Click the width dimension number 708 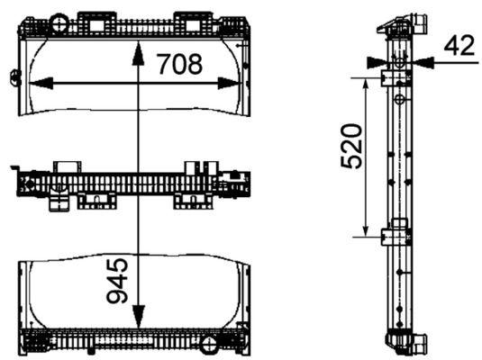[x=179, y=64]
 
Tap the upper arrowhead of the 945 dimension [x=137, y=47]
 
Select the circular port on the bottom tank [x=209, y=344]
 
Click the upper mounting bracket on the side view [x=393, y=79]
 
